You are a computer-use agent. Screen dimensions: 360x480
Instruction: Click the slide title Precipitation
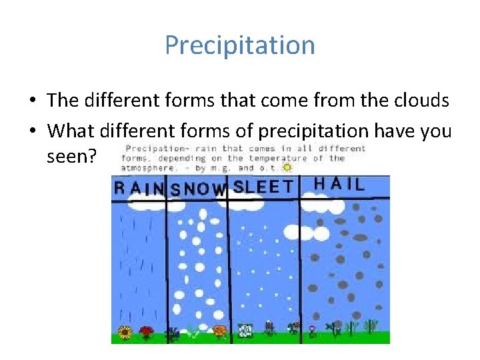click(x=240, y=45)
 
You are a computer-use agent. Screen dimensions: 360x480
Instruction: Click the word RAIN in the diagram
click(x=139, y=188)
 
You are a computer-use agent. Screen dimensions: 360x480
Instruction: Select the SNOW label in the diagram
click(x=198, y=189)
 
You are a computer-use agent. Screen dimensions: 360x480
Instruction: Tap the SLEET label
click(x=263, y=187)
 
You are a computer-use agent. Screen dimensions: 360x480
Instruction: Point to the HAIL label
click(x=339, y=184)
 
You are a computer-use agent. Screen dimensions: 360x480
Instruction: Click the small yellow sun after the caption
click(x=287, y=168)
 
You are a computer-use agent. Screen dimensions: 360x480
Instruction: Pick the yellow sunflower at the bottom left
click(x=124, y=332)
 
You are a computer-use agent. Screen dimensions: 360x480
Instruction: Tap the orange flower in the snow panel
click(x=219, y=329)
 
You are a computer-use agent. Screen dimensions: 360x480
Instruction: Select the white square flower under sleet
click(x=245, y=329)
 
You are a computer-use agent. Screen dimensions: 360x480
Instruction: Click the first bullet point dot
click(x=33, y=101)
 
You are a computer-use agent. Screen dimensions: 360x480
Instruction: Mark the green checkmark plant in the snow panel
click(x=194, y=331)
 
